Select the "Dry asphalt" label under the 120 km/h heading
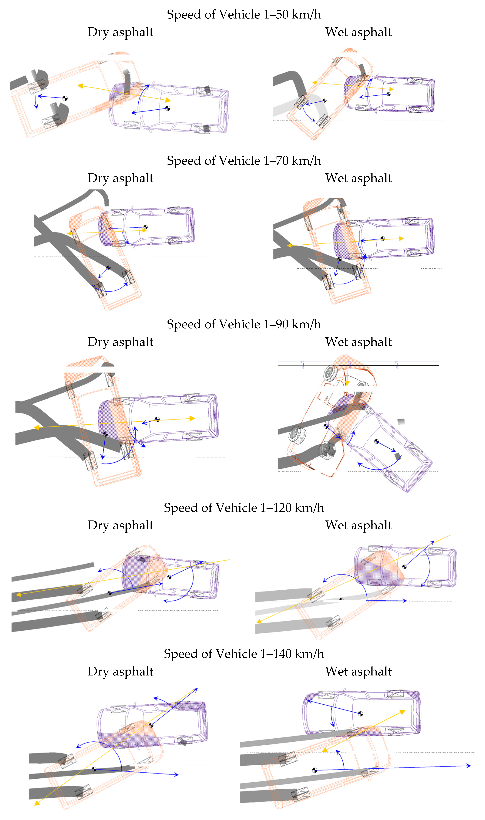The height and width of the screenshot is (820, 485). (120, 525)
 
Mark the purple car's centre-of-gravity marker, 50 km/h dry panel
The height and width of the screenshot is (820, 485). (168, 108)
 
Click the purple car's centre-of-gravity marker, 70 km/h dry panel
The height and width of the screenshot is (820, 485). (146, 227)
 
